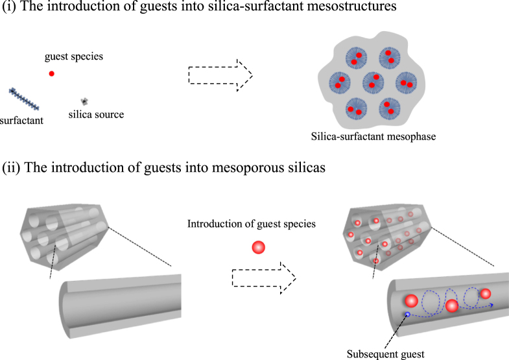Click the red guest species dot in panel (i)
(x=52, y=73)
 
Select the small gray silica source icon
(x=84, y=101)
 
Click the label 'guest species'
(x=74, y=56)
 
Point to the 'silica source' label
(x=95, y=115)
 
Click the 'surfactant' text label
(x=21, y=120)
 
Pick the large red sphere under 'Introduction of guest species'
(x=258, y=247)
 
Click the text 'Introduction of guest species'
(x=250, y=224)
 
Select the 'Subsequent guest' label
(x=383, y=354)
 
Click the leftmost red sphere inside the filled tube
(x=411, y=301)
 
